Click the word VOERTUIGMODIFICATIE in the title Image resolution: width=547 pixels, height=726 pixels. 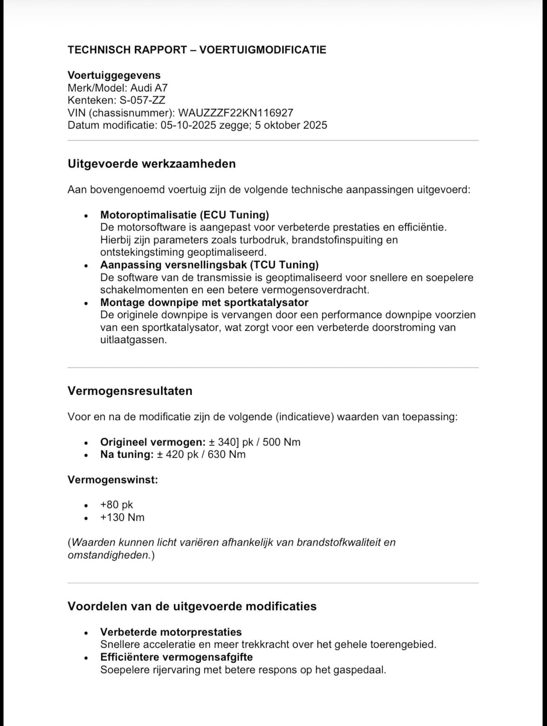click(x=262, y=50)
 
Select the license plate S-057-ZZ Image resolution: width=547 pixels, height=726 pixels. click(x=142, y=100)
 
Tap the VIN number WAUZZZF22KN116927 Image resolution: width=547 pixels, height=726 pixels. click(x=235, y=113)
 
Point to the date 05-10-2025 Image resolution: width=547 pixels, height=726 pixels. click(x=188, y=125)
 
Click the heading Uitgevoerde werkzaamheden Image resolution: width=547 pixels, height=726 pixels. click(x=152, y=164)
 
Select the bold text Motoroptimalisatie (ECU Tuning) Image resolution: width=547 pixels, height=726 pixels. click(x=185, y=215)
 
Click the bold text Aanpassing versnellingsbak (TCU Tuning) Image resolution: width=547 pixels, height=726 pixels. click(x=209, y=265)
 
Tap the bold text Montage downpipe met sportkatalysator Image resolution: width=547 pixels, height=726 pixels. click(x=204, y=303)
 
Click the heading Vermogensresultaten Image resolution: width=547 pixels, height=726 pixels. click(x=130, y=391)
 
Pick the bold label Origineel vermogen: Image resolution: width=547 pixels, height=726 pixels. click(x=153, y=442)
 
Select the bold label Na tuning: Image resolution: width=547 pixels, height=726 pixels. click(x=126, y=454)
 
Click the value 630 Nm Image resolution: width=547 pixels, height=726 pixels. click(x=226, y=454)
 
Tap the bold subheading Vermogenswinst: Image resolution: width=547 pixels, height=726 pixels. click(x=113, y=479)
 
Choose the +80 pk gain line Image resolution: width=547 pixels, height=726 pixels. click(x=117, y=505)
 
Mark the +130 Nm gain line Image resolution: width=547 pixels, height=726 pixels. click(x=122, y=517)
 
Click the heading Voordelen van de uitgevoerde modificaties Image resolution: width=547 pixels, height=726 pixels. click(x=192, y=606)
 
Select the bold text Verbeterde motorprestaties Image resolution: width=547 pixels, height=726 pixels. click(x=171, y=632)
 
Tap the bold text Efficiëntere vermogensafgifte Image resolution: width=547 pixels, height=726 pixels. click(x=176, y=657)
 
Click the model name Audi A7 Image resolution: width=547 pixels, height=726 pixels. click(x=149, y=88)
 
